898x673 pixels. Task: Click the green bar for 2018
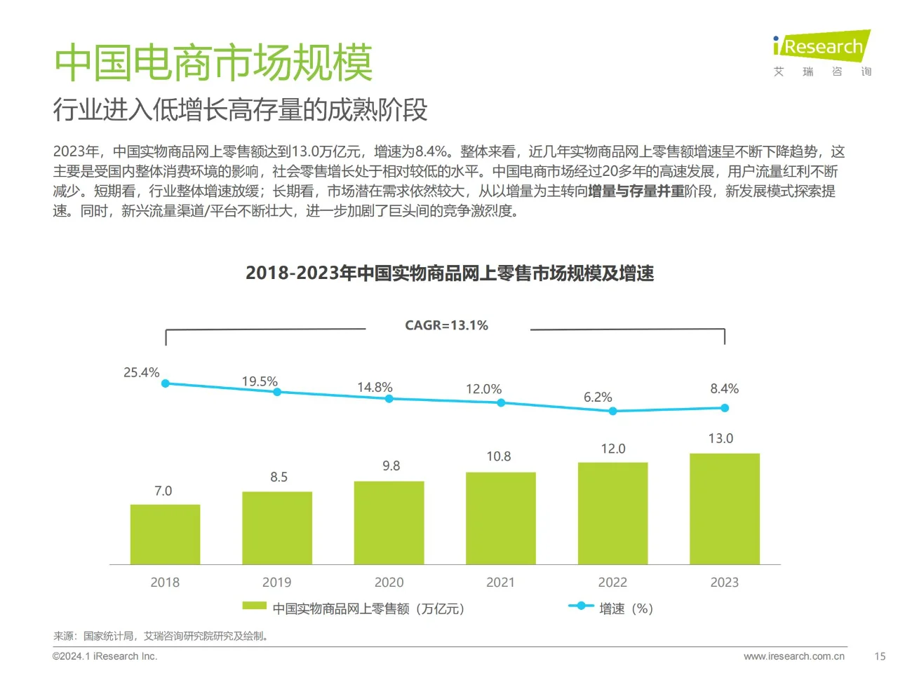click(x=165, y=534)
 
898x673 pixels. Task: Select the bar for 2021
click(x=500, y=518)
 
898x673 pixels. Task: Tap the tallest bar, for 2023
click(x=724, y=509)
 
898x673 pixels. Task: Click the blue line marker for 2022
click(x=612, y=411)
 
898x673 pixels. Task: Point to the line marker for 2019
click(x=277, y=392)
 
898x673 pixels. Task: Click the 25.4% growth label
click(x=141, y=372)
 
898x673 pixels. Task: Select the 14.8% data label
click(x=375, y=387)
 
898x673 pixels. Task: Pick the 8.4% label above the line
click(x=724, y=388)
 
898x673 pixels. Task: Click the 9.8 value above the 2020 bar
click(x=391, y=465)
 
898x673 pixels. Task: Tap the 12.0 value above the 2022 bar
click(x=612, y=449)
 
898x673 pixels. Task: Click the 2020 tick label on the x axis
click(x=389, y=582)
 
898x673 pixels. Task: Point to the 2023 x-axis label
click(x=724, y=582)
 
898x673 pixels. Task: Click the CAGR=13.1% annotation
click(x=446, y=325)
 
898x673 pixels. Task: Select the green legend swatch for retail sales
click(x=254, y=606)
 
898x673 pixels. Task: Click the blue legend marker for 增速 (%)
click(x=580, y=606)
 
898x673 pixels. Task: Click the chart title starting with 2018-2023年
click(x=449, y=273)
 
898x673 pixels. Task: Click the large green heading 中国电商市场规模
click(x=213, y=62)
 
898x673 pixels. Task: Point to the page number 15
click(x=879, y=656)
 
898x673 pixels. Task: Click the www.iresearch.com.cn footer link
click(x=793, y=656)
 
